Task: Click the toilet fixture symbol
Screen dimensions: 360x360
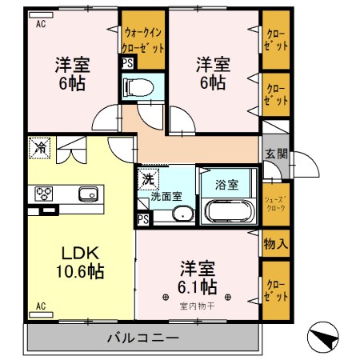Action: [138, 87]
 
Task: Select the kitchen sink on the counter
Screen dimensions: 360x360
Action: [88, 194]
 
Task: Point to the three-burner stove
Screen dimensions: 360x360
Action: [44, 194]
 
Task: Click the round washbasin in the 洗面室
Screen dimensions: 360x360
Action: [183, 214]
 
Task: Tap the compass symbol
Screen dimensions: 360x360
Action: [323, 337]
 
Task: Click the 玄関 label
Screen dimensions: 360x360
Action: [276, 154]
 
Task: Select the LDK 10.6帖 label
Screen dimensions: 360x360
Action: [80, 262]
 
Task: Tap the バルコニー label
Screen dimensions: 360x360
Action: [143, 338]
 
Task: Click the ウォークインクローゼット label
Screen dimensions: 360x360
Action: [143, 41]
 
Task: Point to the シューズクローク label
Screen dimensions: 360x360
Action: [276, 204]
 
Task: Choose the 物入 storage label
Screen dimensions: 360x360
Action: [276, 243]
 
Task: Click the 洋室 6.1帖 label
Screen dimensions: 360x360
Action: [198, 278]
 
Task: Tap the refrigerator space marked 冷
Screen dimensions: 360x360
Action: [40, 148]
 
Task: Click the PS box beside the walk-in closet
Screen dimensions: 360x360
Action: [127, 63]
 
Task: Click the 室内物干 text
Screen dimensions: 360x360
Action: [198, 306]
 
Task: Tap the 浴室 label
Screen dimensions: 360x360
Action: [227, 185]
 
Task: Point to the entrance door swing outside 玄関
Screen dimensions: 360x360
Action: [306, 165]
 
